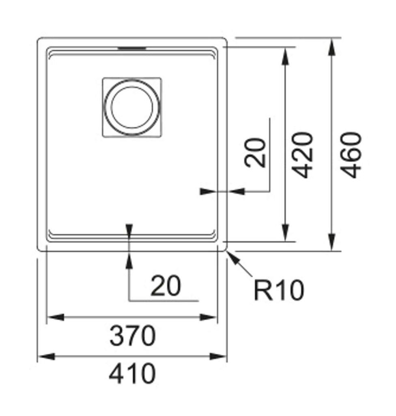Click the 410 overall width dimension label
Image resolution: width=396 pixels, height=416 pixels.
(x=132, y=374)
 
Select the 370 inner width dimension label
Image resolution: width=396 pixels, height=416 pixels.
(x=132, y=336)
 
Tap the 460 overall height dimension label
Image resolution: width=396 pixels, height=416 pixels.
(x=351, y=155)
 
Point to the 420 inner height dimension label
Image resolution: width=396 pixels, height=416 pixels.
(x=303, y=155)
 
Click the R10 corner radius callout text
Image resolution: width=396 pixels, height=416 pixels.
(x=279, y=290)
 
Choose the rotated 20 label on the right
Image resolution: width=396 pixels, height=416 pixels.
(x=256, y=153)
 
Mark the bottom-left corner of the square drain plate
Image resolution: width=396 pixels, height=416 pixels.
(x=103, y=136)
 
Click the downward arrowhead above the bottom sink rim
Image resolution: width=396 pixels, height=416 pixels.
(x=129, y=230)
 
